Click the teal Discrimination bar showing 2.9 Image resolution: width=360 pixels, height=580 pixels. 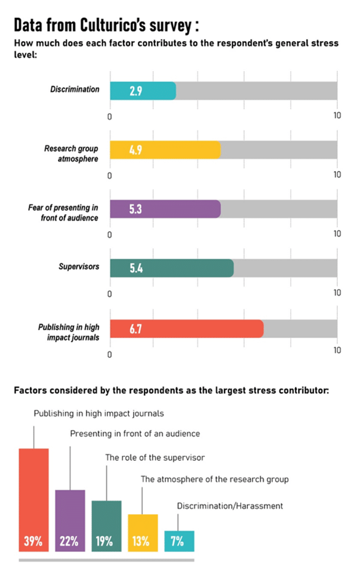pos(143,91)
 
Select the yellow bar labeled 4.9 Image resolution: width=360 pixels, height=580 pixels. pos(165,150)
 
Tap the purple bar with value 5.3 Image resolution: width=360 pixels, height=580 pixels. pos(165,209)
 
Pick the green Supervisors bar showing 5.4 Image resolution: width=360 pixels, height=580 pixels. pos(172,268)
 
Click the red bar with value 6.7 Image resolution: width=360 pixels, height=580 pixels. pos(187,329)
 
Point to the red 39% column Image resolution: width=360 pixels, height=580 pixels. pos(33,499)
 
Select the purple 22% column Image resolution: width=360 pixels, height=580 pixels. pos(70,520)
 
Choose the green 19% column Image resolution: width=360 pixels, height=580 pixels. pos(106,526)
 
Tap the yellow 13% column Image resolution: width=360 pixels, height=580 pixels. pos(142,532)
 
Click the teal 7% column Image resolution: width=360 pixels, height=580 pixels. pos(179,541)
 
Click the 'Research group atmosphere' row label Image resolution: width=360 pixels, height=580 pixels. pos(71,153)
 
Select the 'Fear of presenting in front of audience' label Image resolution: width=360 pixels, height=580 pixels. pos(63,212)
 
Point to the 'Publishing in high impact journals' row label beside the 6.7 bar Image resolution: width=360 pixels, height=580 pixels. pos(69,332)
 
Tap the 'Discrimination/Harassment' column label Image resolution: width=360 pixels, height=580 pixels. pos(230,506)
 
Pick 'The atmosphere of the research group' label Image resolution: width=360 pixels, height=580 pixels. pos(215,479)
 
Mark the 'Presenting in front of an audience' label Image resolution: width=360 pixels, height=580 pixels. pos(135,433)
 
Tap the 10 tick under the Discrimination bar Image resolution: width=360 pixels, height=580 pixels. pos(337,115)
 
